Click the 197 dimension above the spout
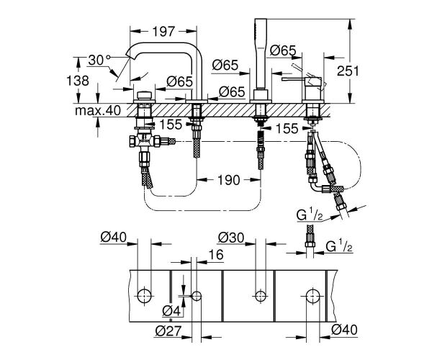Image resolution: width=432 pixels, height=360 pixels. coord(165,31)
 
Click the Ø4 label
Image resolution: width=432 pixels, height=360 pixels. coord(171,310)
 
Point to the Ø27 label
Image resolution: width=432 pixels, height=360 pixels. coord(166,331)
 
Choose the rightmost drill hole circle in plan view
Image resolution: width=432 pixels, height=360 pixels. coord(312,294)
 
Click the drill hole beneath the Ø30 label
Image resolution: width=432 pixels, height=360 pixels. coord(258,294)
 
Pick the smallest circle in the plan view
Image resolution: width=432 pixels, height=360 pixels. coord(195,294)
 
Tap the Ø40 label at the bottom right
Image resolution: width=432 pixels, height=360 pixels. coord(342,331)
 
